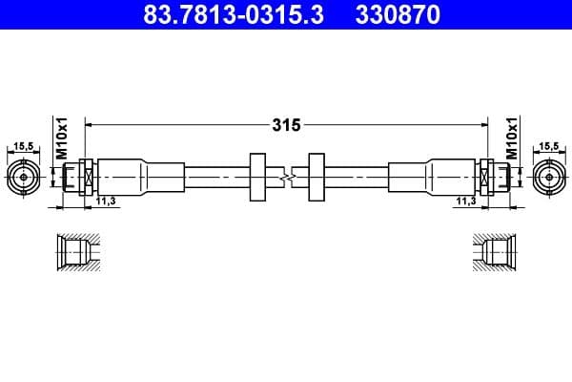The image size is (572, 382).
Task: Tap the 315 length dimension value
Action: pyautogui.click(x=287, y=125)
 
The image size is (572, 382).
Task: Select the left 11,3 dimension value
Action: pyautogui.click(x=106, y=202)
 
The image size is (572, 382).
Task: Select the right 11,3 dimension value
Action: pyautogui.click(x=466, y=202)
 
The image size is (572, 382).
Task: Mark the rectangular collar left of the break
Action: pyautogui.click(x=255, y=177)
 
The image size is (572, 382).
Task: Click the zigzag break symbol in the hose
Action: pyautogui.click(x=286, y=177)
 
